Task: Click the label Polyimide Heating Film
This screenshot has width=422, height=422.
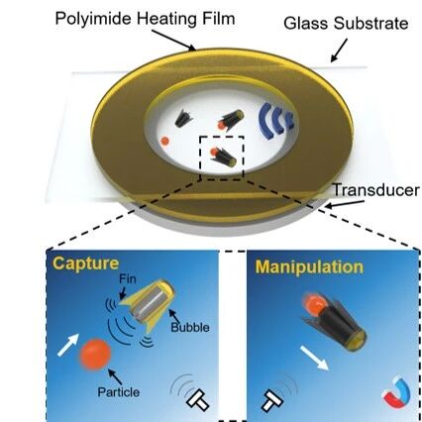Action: pyautogui.click(x=145, y=19)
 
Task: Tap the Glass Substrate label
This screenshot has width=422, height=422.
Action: pyautogui.click(x=346, y=24)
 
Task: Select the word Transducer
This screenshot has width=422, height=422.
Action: pyautogui.click(x=375, y=190)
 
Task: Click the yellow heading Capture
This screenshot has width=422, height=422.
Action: pyautogui.click(x=85, y=264)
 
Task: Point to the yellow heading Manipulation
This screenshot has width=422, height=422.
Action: pyautogui.click(x=309, y=266)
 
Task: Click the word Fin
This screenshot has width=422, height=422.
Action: pyautogui.click(x=128, y=279)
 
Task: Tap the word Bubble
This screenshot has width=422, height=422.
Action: pyautogui.click(x=190, y=327)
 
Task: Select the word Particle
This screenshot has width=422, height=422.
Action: pyautogui.click(x=119, y=392)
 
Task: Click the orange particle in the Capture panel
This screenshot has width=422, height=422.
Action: pyautogui.click(x=95, y=354)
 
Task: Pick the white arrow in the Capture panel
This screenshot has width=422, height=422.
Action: pyautogui.click(x=68, y=345)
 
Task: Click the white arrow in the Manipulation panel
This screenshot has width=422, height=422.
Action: pyautogui.click(x=314, y=358)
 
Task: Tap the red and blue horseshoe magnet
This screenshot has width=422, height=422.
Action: pyautogui.click(x=396, y=392)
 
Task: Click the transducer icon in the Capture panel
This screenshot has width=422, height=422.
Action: pyautogui.click(x=197, y=400)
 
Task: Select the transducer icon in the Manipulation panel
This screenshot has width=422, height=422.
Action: pyautogui.click(x=272, y=401)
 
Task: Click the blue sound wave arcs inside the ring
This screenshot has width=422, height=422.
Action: pyautogui.click(x=276, y=121)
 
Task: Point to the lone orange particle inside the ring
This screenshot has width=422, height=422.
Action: pyautogui.click(x=164, y=141)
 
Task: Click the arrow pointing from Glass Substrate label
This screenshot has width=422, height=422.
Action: pyautogui.click(x=339, y=51)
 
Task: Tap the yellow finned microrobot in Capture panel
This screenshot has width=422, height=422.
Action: pyautogui.click(x=148, y=304)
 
